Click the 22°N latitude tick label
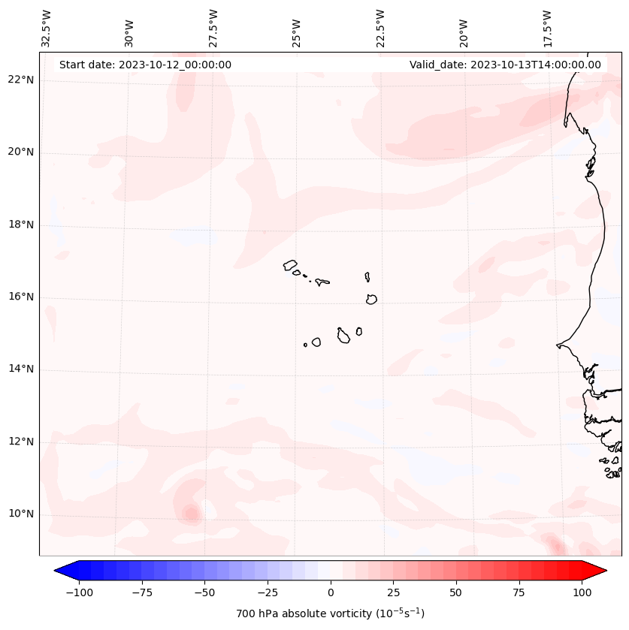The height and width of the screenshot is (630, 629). tap(21, 80)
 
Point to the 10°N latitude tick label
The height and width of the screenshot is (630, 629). tap(21, 514)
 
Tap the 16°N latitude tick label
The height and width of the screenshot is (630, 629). tap(21, 297)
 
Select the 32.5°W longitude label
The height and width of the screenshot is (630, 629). tap(47, 28)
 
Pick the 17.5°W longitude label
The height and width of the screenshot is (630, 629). tap(547, 28)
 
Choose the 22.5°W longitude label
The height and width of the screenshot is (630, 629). tap(380, 28)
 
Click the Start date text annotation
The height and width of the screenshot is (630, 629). tap(145, 65)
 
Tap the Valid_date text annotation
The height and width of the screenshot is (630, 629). tap(505, 65)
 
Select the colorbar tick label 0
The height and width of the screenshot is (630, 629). tap(330, 592)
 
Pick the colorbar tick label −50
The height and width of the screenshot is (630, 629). tap(204, 592)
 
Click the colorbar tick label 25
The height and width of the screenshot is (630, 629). tap(393, 592)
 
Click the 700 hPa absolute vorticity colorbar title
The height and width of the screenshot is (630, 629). tap(330, 613)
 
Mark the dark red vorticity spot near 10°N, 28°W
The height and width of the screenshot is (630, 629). tap(191, 514)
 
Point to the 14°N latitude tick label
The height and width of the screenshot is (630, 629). tap(21, 369)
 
